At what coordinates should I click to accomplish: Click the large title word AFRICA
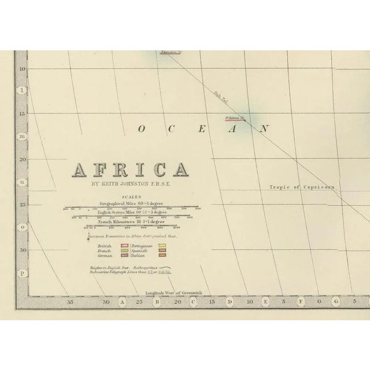coord(130,169)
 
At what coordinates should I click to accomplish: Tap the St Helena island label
coord(234,119)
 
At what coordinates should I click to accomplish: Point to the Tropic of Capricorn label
coord(302,187)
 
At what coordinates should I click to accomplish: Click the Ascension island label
coord(171,53)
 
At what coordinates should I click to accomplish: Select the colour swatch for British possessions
coord(123,246)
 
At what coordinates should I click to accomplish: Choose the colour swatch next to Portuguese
coord(162,246)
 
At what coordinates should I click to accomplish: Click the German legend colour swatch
coord(123,257)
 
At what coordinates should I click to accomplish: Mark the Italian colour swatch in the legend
coord(162,257)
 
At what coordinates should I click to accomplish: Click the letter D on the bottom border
coord(230,301)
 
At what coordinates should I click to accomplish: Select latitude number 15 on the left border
coord(24,113)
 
